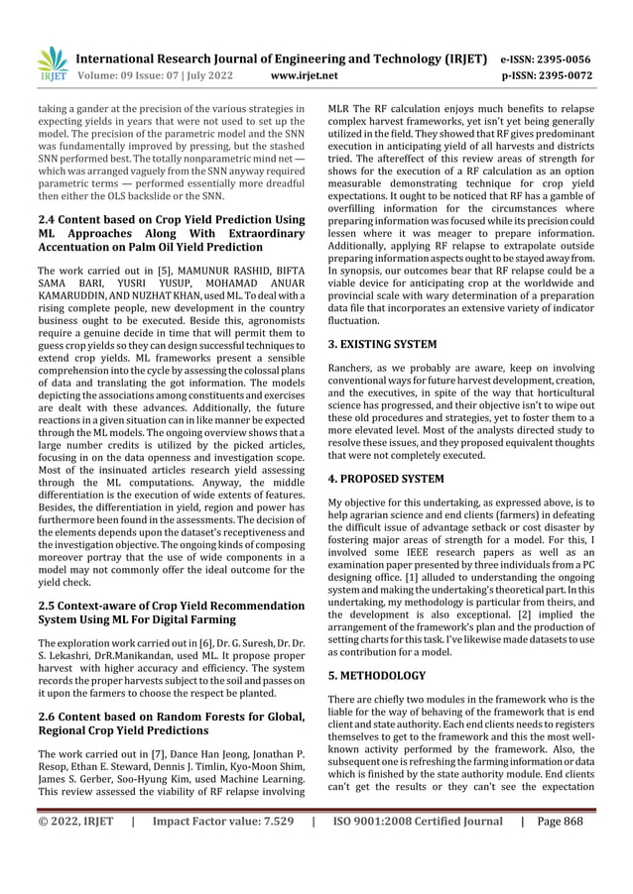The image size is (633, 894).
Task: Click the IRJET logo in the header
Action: (x=52, y=62)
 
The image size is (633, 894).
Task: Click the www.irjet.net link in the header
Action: (x=304, y=74)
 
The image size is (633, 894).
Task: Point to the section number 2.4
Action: (x=47, y=219)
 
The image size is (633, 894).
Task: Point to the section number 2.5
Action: (x=47, y=606)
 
